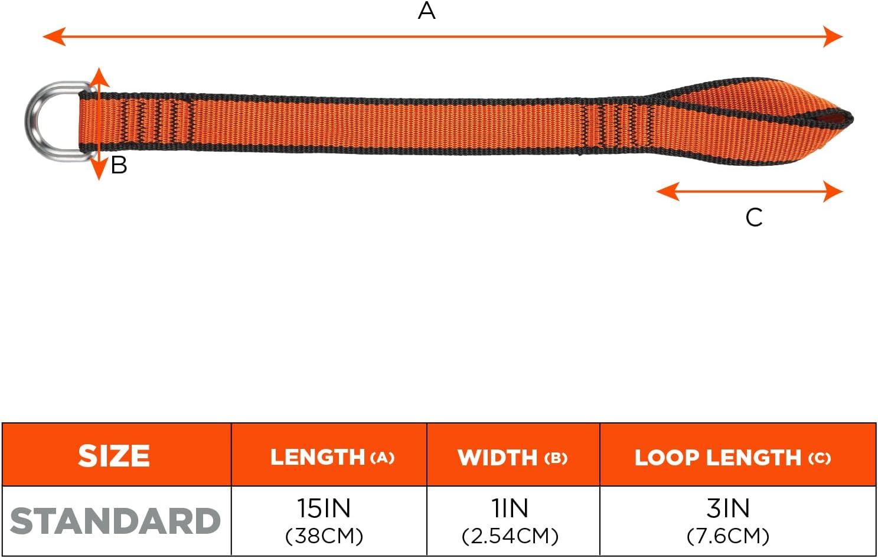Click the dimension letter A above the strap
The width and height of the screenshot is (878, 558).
point(426,11)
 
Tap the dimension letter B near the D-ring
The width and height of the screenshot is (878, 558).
point(119,165)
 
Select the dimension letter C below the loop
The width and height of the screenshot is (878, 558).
point(754,218)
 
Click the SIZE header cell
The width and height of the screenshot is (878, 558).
point(114,456)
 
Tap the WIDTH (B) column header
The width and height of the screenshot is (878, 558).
point(512,457)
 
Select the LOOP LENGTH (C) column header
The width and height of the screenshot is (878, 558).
point(732,457)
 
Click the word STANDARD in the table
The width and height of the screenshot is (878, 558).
point(115,521)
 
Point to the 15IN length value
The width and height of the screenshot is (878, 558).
point(324,508)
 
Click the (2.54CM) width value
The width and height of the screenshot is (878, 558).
point(510,536)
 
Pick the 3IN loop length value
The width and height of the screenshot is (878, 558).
point(728,508)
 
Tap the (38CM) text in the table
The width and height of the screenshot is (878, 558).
point(324,536)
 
